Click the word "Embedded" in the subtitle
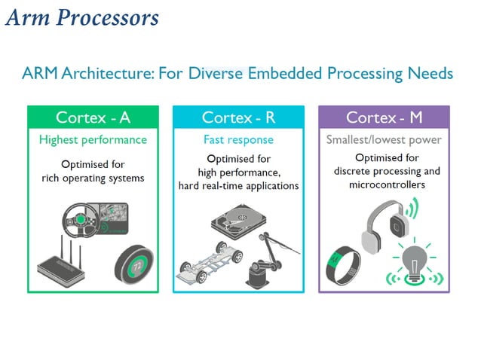[x=277, y=74]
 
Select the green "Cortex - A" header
[x=93, y=117]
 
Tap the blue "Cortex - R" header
[x=239, y=117]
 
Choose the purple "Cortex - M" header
[x=384, y=117]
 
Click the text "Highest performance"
[x=93, y=140]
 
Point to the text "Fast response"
[x=238, y=140]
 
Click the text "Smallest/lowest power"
[x=384, y=140]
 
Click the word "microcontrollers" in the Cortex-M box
[x=384, y=185]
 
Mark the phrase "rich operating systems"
[x=93, y=178]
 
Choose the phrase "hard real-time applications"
[x=239, y=186]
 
